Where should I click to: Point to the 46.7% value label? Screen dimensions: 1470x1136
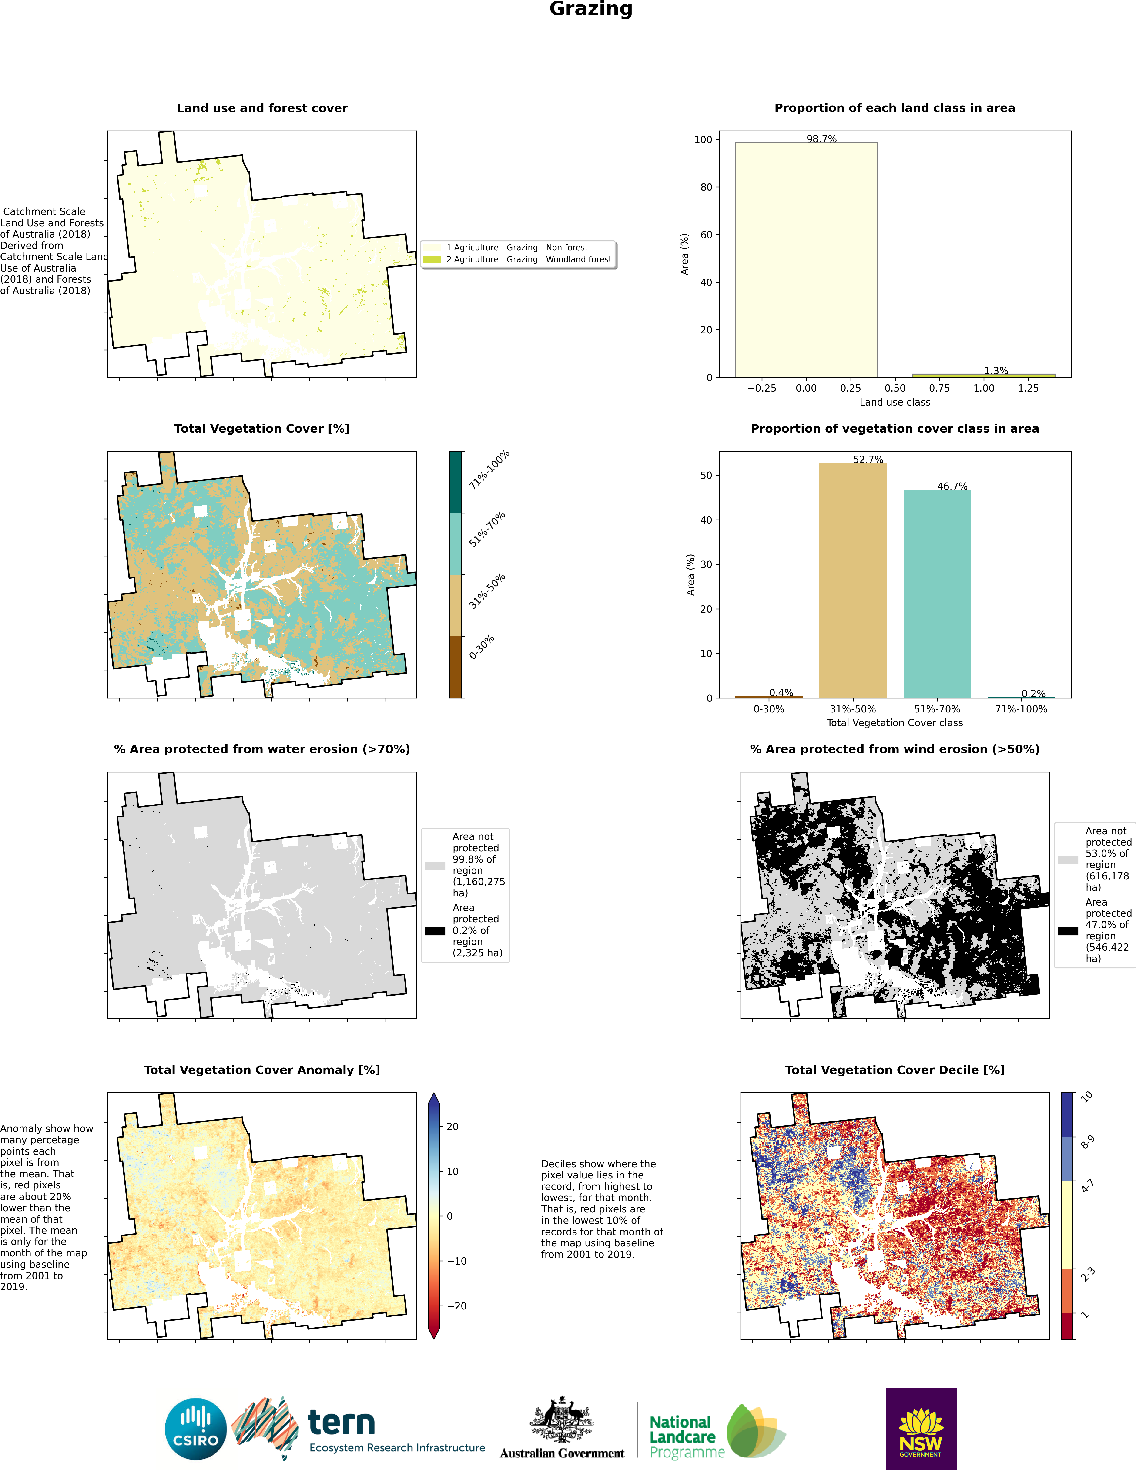(x=952, y=486)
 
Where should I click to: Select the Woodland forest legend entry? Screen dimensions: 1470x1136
(x=528, y=259)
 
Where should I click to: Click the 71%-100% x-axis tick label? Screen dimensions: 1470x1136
(x=1021, y=709)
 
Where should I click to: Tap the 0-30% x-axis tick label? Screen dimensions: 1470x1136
(x=769, y=709)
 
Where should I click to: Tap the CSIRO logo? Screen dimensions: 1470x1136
(x=196, y=1428)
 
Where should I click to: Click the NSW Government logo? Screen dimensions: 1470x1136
(x=921, y=1428)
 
